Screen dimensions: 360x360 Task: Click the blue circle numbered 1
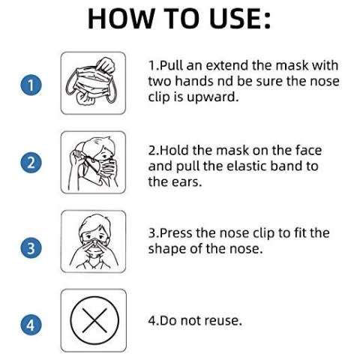(x=30, y=85)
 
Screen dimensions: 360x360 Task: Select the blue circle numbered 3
(x=30, y=248)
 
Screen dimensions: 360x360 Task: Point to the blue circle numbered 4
(x=30, y=325)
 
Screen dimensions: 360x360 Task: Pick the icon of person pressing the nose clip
(x=93, y=241)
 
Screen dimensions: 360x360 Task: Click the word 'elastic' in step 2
(x=257, y=165)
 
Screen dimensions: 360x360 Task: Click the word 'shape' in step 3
(x=167, y=249)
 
